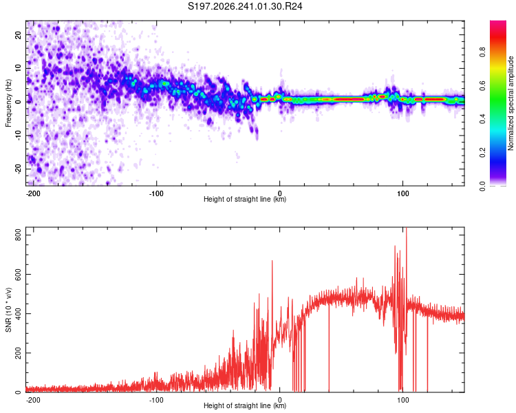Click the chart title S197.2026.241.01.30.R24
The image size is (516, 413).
245,6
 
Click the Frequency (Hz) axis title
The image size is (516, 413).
8,103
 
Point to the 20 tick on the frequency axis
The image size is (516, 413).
19,34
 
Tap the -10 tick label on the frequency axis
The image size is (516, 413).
19,135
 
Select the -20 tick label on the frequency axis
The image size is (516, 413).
19,169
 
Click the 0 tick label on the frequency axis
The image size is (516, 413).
19,102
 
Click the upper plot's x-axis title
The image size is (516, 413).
245,199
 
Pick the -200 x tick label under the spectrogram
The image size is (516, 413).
32,193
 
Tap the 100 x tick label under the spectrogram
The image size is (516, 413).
402,193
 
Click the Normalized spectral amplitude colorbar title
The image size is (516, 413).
510,103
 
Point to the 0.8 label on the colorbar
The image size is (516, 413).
482,52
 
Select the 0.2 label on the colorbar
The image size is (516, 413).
482,153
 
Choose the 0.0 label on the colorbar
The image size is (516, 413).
482,186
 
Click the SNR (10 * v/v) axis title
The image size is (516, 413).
8,310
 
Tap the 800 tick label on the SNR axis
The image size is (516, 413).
19,235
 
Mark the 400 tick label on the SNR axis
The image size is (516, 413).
19,314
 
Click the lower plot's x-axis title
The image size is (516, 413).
245,405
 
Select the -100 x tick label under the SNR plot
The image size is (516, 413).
156,400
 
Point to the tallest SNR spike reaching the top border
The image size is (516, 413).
407,264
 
